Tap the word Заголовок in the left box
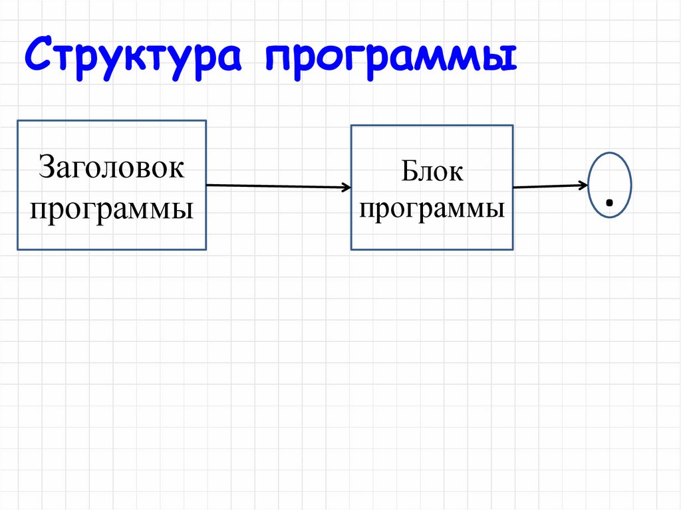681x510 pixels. click(x=111, y=167)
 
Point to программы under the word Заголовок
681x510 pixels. click(x=111, y=208)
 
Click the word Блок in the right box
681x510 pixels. click(x=432, y=172)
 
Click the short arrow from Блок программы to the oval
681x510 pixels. click(x=550, y=186)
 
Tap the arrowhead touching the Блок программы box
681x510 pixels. click(x=346, y=188)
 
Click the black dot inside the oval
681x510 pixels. click(x=609, y=202)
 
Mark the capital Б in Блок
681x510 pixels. click(x=408, y=172)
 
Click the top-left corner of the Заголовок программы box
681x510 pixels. click(x=18, y=121)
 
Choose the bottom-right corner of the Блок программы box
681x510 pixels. click(x=513, y=249)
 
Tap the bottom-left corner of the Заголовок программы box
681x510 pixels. click(x=18, y=249)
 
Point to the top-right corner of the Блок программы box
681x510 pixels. click(x=513, y=126)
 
